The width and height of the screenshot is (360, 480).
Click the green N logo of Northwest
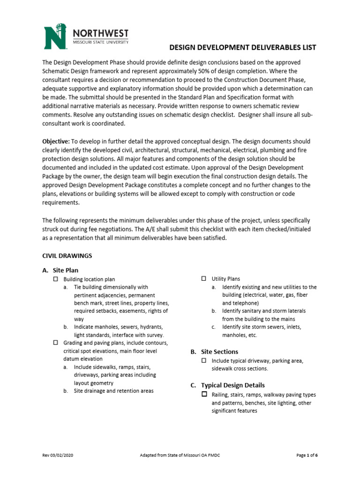(x=57, y=37)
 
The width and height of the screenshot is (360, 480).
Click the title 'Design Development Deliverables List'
(x=242, y=47)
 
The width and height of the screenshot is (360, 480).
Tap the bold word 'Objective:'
(x=56, y=141)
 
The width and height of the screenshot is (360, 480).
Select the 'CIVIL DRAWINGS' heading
(x=67, y=256)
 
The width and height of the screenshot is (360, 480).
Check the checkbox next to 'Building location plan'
(x=54, y=279)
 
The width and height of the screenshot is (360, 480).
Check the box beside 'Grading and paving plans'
(x=54, y=343)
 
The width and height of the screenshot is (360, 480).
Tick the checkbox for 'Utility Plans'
(x=204, y=278)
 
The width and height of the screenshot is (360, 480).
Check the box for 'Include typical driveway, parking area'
(x=204, y=360)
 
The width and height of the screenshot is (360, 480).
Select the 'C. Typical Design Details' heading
(x=227, y=385)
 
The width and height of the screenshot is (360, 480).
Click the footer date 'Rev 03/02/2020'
(x=58, y=456)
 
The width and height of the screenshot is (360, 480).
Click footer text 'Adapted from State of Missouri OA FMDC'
(x=180, y=456)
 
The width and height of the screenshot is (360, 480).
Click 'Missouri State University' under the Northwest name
(x=100, y=42)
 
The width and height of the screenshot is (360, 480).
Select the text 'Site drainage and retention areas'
(x=113, y=390)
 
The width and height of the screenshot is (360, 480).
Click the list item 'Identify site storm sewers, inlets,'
(x=262, y=327)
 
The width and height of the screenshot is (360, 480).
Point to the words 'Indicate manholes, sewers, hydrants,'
(x=116, y=327)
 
